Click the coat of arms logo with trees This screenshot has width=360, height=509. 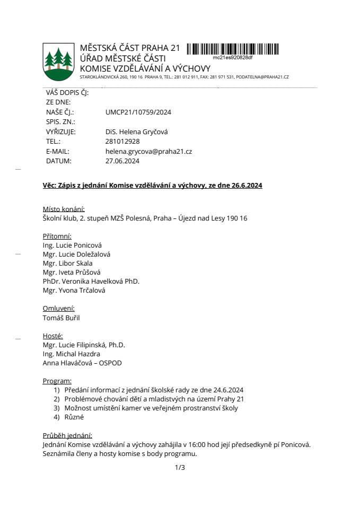(x=59, y=61)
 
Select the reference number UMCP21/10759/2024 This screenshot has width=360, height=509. (x=138, y=112)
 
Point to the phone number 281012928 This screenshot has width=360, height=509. (x=122, y=142)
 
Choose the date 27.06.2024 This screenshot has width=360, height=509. (x=122, y=161)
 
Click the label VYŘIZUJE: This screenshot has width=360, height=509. (x=61, y=132)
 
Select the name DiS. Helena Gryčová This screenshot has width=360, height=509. (x=136, y=132)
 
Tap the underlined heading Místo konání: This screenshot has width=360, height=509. (x=64, y=209)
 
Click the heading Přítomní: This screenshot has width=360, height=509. (x=57, y=236)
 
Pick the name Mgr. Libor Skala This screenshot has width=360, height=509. (x=67, y=263)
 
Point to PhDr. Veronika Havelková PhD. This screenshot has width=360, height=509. (x=91, y=281)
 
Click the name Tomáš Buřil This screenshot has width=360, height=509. (x=61, y=318)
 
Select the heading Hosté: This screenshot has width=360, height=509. (x=52, y=336)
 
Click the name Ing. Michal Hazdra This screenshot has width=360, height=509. (x=72, y=354)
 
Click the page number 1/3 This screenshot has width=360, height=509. (x=180, y=467)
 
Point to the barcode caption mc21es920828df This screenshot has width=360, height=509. (x=233, y=57)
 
